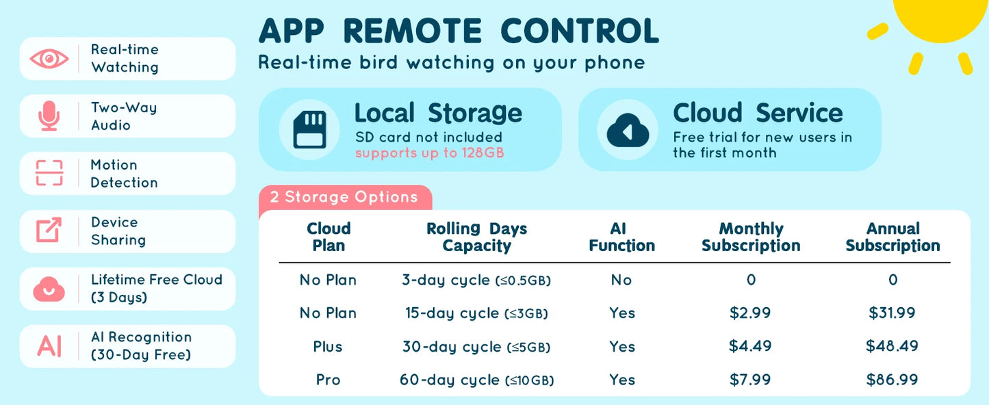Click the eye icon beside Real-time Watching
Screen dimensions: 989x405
tap(49, 59)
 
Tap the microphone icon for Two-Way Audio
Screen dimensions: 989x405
tap(49, 116)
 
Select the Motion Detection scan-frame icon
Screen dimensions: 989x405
tap(49, 173)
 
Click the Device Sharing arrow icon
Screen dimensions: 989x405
tap(49, 230)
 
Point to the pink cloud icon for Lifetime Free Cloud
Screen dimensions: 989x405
tap(49, 289)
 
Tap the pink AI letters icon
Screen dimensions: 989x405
tap(49, 346)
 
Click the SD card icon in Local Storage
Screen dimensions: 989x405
tap(310, 130)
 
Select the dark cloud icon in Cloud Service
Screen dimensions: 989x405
tap(628, 130)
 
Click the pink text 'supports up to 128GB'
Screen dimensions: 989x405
tap(430, 153)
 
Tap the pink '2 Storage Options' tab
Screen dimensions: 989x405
tap(345, 197)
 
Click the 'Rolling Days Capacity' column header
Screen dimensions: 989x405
tap(477, 237)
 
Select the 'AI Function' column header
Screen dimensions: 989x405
tap(621, 237)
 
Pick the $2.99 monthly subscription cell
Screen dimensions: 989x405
tap(750, 313)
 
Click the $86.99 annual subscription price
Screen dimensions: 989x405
tap(892, 380)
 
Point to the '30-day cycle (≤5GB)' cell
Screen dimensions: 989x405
tap(476, 347)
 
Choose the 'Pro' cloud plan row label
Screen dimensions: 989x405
tap(328, 380)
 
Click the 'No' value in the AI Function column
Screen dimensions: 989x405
tap(621, 280)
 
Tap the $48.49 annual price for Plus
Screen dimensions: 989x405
tap(892, 346)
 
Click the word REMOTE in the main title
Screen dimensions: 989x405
tap(413, 31)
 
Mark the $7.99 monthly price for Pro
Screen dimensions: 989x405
tap(750, 380)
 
